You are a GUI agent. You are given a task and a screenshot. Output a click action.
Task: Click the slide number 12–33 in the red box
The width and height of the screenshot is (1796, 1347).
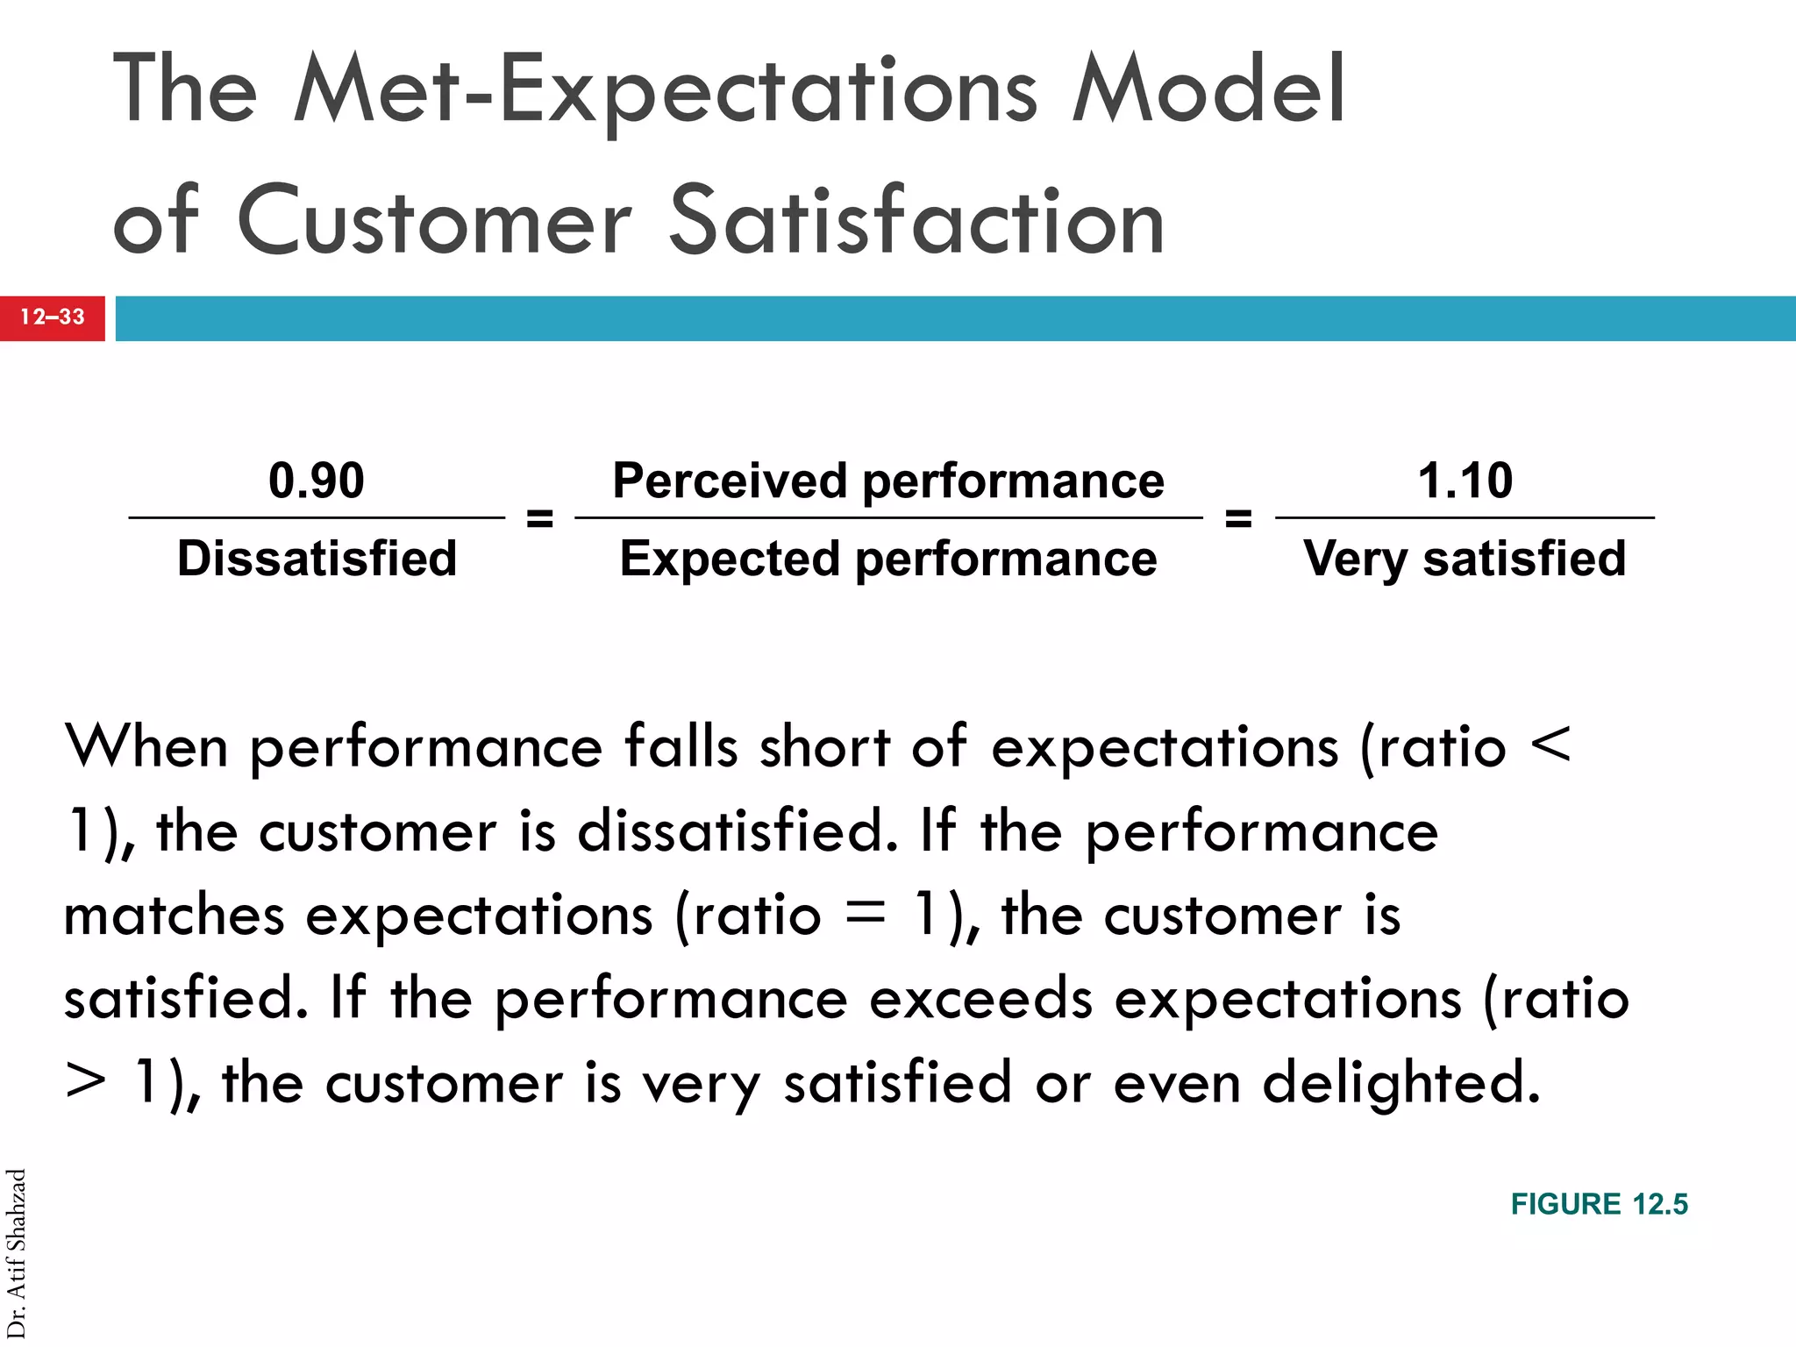[x=53, y=317]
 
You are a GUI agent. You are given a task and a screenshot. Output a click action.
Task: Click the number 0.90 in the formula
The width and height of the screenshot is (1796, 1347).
[x=316, y=481]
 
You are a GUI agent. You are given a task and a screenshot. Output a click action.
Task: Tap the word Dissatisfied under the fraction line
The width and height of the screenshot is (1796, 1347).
[x=317, y=559]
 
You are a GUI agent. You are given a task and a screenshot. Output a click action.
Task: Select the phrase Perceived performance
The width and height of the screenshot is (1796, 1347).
[x=887, y=481]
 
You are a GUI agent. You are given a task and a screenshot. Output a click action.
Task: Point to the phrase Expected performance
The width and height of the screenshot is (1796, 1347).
[x=887, y=559]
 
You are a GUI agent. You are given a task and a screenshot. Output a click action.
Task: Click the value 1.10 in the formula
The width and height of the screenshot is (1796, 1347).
[x=1465, y=481]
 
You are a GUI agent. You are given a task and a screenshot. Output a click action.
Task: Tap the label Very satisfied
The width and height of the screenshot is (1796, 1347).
[x=1464, y=559]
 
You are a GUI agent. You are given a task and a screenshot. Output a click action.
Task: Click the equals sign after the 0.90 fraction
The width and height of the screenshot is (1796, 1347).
[x=539, y=518]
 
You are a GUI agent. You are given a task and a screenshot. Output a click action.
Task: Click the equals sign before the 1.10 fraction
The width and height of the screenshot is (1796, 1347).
[x=1237, y=518]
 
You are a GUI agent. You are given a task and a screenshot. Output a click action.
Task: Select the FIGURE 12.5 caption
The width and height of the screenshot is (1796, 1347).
[x=1599, y=1204]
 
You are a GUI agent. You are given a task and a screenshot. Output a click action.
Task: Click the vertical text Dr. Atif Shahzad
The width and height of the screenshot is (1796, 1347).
[x=17, y=1254]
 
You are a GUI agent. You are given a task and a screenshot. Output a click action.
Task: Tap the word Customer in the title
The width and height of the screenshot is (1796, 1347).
[x=434, y=221]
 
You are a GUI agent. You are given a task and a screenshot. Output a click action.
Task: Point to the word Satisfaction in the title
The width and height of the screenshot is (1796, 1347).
[x=916, y=221]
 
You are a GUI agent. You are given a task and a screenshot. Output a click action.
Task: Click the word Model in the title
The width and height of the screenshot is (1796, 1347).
[x=1208, y=90]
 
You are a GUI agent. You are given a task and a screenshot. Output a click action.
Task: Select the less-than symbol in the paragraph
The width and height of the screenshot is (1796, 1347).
[x=1550, y=745]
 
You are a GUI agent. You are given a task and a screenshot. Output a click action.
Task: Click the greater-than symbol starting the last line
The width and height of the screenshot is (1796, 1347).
[x=85, y=1081]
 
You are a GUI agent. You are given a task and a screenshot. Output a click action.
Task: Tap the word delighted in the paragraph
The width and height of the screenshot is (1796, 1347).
[x=1400, y=1081]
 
